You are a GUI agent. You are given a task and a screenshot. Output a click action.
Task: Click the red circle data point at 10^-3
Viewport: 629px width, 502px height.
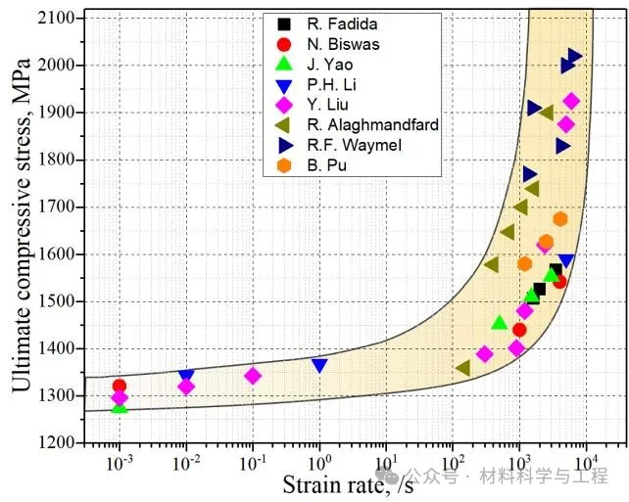(120, 387)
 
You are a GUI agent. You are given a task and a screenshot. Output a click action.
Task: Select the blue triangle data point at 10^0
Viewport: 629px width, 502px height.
(319, 366)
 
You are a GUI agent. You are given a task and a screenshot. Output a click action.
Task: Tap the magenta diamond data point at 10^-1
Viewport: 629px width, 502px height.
(253, 376)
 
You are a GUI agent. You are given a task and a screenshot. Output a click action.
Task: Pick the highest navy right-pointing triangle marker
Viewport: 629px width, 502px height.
(575, 57)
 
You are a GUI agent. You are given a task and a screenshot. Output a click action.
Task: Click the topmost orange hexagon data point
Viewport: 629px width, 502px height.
(560, 219)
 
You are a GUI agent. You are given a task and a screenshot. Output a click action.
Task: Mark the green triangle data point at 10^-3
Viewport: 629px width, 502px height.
(120, 405)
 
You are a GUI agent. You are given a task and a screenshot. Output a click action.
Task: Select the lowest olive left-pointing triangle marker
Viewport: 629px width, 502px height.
(462, 368)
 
